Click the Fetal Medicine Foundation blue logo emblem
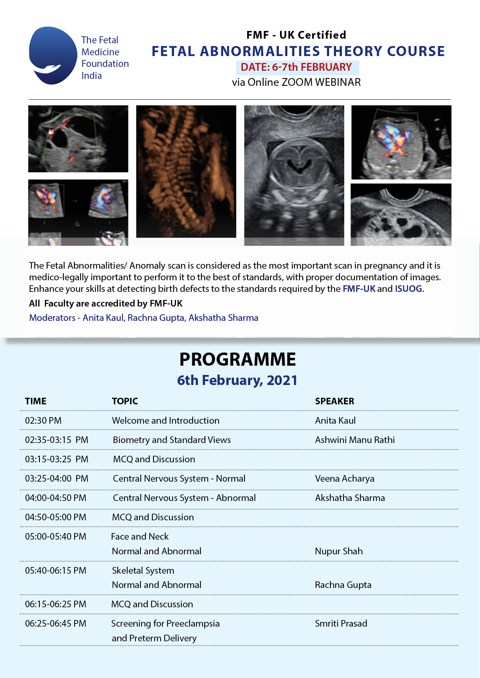(x=53, y=55)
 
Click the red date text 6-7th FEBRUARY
(x=296, y=67)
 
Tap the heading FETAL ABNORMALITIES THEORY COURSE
(x=298, y=51)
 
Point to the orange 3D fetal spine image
(x=186, y=171)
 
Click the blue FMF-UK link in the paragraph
(x=359, y=289)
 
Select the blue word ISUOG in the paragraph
(x=408, y=289)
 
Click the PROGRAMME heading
(x=237, y=359)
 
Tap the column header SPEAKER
(x=335, y=401)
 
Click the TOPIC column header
(x=125, y=401)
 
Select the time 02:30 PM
(x=43, y=421)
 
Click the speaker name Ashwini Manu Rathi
(x=355, y=440)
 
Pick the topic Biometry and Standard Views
(x=172, y=440)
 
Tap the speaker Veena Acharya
(x=345, y=479)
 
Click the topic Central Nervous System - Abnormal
(x=184, y=498)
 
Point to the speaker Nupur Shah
(x=339, y=551)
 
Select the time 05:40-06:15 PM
(x=56, y=571)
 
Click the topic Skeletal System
(x=143, y=571)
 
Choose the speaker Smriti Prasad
(x=341, y=623)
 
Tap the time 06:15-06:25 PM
(x=56, y=604)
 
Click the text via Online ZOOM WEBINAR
(x=296, y=82)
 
